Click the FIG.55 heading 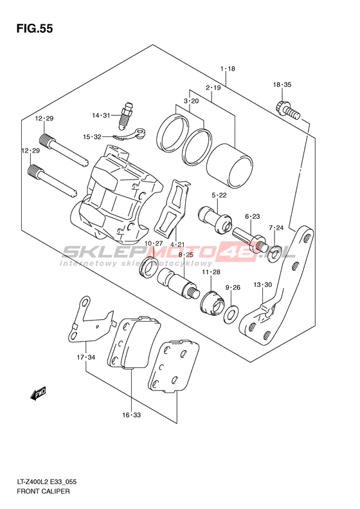tap(34, 28)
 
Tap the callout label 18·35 tap(282, 85)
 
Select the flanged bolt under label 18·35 tap(287, 111)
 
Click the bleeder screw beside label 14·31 tap(127, 115)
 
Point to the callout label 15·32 tap(92, 137)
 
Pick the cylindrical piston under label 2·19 tap(230, 166)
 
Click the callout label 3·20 tap(191, 101)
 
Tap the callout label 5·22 tap(219, 195)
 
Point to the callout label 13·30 tap(263, 284)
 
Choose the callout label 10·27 tap(154, 243)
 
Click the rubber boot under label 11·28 tap(212, 304)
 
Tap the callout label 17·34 tap(86, 357)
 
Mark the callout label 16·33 tap(131, 415)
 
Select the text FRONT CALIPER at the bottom tap(43, 491)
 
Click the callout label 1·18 tap(228, 68)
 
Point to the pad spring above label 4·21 tap(172, 208)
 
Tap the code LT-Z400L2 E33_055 tap(46, 482)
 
